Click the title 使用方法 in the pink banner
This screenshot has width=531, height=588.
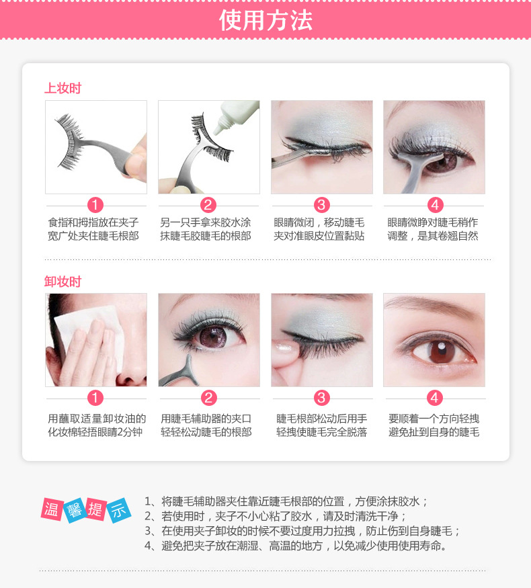pyautogui.click(x=265, y=20)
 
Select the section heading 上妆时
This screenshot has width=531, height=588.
pyautogui.click(x=63, y=88)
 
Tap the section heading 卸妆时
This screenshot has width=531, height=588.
pyautogui.click(x=63, y=282)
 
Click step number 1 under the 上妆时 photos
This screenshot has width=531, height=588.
pyautogui.click(x=95, y=205)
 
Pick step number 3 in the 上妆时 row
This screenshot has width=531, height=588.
pyautogui.click(x=321, y=205)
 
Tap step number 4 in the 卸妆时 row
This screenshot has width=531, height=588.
pyautogui.click(x=435, y=398)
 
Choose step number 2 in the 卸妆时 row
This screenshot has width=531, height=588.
pyautogui.click(x=208, y=398)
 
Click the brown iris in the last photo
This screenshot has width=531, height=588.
pyautogui.click(x=442, y=351)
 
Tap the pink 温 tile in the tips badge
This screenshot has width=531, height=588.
pyautogui.click(x=52, y=509)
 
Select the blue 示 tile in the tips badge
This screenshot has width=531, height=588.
pyautogui.click(x=119, y=510)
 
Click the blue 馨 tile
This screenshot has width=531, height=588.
pyautogui.click(x=75, y=511)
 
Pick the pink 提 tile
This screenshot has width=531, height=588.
pyautogui.click(x=96, y=509)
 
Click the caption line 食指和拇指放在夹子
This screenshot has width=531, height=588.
pyautogui.click(x=93, y=222)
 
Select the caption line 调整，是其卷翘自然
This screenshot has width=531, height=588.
pyautogui.click(x=433, y=236)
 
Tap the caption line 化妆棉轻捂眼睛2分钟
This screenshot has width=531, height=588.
pyautogui.click(x=95, y=432)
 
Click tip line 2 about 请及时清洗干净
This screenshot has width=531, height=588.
pyautogui.click(x=275, y=516)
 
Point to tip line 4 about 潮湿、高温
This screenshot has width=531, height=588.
pyautogui.click(x=296, y=546)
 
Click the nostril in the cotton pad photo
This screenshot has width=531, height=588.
pyautogui.click(x=129, y=382)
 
